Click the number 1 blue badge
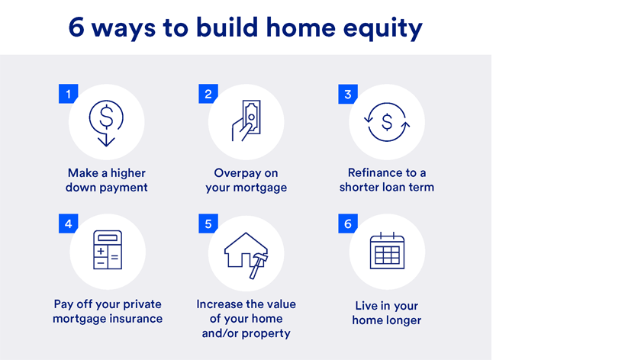pyautogui.click(x=68, y=95)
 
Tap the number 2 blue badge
pyautogui.click(x=208, y=95)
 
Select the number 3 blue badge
pyautogui.click(x=348, y=95)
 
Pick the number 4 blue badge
pyautogui.click(x=68, y=224)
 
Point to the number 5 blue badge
pyautogui.click(x=208, y=224)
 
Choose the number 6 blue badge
pyautogui.click(x=348, y=224)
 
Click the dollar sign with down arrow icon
pyautogui.click(x=106, y=122)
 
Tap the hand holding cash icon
pyautogui.click(x=246, y=122)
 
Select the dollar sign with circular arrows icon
pyautogui.click(x=387, y=122)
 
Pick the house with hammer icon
pyautogui.click(x=246, y=251)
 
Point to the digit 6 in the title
pyautogui.click(x=76, y=27)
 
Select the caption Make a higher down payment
pyautogui.click(x=106, y=180)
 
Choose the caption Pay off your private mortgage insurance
pyautogui.click(x=107, y=311)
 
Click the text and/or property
pyautogui.click(x=246, y=333)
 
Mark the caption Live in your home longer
pyautogui.click(x=387, y=313)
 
